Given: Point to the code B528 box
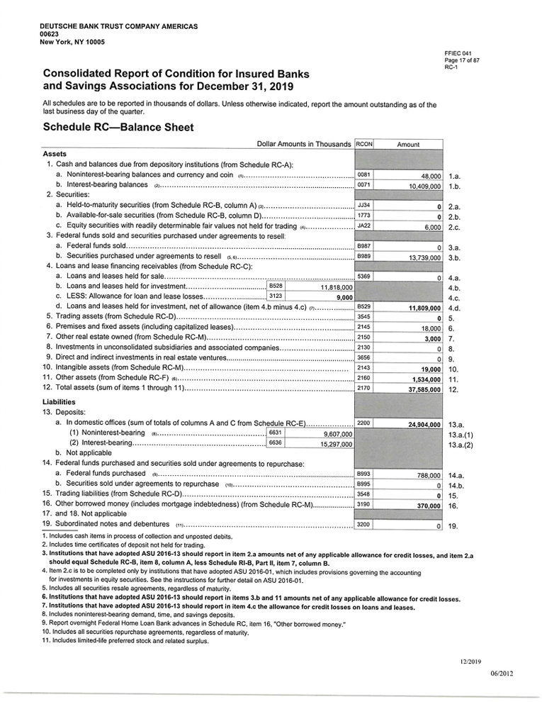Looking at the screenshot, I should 277,286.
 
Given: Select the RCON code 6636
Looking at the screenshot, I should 276,443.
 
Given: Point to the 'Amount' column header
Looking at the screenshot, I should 408,144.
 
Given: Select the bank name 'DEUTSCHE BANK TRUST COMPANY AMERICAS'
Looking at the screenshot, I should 118,26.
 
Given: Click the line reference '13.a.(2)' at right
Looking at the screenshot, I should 462,445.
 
